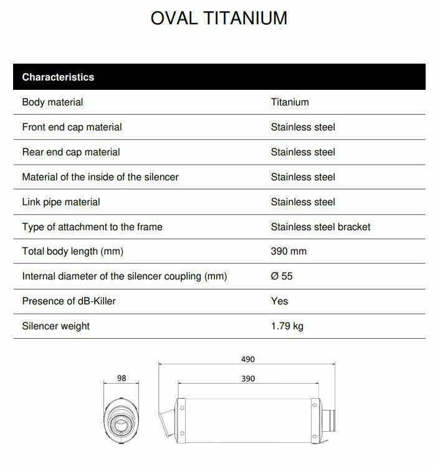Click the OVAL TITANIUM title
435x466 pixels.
click(219, 18)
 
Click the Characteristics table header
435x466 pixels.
click(58, 77)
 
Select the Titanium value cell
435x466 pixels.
click(290, 102)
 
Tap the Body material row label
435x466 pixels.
click(52, 102)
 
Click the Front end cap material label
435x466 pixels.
click(72, 127)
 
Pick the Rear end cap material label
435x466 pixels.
click(71, 152)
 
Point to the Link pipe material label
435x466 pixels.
click(61, 202)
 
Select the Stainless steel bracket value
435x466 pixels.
click(320, 227)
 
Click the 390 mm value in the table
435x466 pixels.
click(289, 251)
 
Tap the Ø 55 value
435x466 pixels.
click(282, 276)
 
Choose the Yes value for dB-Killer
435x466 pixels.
click(279, 301)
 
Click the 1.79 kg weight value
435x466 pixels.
click(287, 326)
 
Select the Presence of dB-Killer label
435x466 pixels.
click(69, 301)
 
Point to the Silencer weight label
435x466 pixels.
click(56, 326)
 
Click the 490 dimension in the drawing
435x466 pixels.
click(247, 359)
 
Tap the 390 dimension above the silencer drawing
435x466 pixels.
click(247, 379)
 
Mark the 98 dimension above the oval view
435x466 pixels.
click(122, 379)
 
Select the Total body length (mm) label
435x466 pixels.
click(72, 251)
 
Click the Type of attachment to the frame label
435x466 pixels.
click(92, 227)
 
